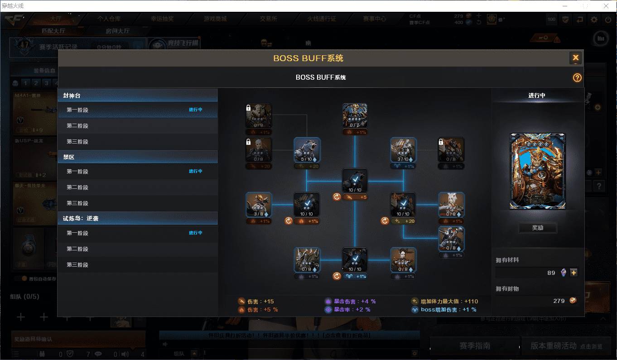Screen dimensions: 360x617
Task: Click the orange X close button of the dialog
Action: click(x=575, y=58)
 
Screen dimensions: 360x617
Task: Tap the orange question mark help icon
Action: click(x=577, y=77)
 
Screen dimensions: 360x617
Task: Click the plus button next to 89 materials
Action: click(x=574, y=273)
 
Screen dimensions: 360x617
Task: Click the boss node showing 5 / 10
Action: click(x=307, y=150)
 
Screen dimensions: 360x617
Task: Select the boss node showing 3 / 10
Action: click(x=403, y=150)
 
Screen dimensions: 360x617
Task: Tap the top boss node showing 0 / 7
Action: click(x=355, y=116)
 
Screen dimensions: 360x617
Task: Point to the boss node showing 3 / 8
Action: click(x=259, y=205)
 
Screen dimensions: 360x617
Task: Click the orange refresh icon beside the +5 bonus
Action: click(x=337, y=197)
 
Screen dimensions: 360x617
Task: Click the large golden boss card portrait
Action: click(x=538, y=171)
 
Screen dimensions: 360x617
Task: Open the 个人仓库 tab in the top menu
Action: click(x=109, y=19)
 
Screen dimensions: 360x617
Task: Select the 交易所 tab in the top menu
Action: click(x=268, y=19)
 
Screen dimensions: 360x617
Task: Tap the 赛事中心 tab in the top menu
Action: click(x=374, y=19)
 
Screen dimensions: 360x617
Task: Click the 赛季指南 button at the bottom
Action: click(x=474, y=346)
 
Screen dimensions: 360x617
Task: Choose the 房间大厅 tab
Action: click(x=117, y=31)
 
